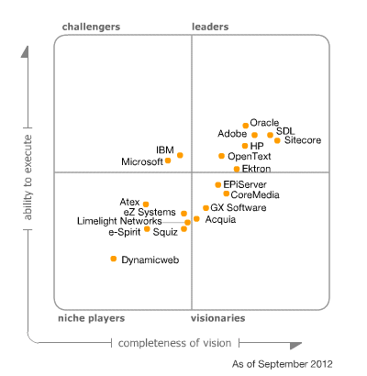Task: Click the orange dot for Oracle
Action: tap(245, 125)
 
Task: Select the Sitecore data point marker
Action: tap(277, 140)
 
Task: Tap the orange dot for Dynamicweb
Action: tap(114, 260)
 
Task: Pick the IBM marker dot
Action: tap(180, 155)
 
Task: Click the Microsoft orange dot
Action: tap(168, 160)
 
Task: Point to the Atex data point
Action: tap(145, 205)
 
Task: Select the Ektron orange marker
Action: tap(236, 169)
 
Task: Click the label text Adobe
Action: tap(232, 134)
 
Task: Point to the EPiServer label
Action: tap(245, 183)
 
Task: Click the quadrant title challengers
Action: tap(91, 27)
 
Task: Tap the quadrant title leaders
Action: tap(210, 27)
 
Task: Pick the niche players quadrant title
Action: tap(91, 318)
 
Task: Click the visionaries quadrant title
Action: tap(217, 318)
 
